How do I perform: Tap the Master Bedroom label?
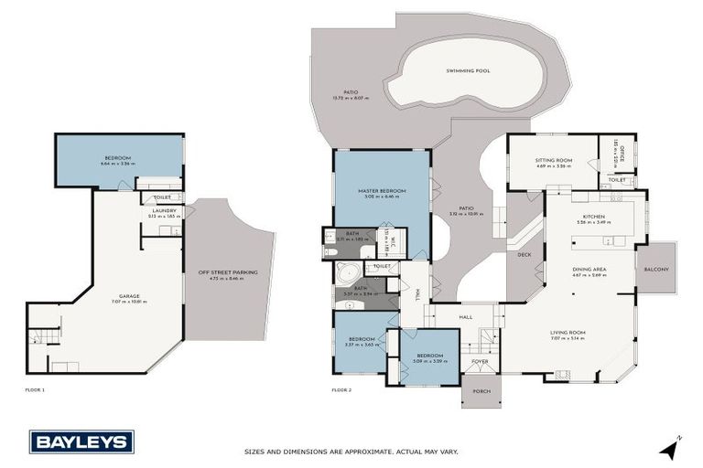pos(382,191)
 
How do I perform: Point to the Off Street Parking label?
pos(228,271)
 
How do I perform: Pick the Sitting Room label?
pos(553,161)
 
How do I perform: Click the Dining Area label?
pos(589,270)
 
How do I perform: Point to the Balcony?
pos(655,269)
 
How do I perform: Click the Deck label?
pos(524,255)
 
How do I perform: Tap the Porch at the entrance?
pos(481,391)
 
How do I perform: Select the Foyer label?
pos(480,361)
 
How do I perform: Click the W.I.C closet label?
pos(387,240)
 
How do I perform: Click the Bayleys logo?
pos(81,441)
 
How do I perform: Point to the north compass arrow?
pos(671,448)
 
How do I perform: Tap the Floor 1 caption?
pos(35,390)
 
